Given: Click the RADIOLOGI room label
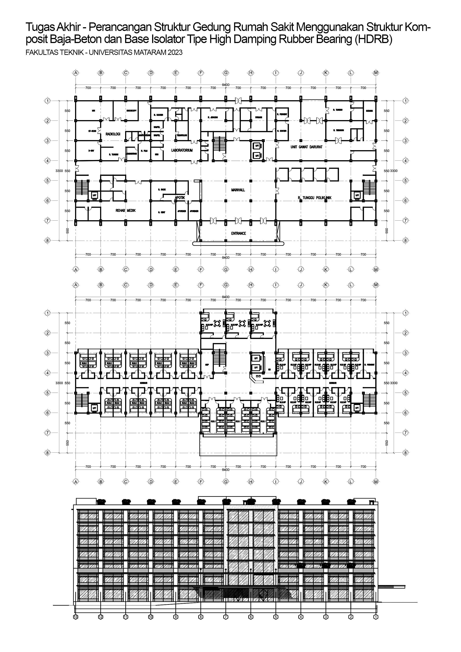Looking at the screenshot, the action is (x=113, y=134).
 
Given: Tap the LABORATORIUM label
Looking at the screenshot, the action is (x=182, y=150).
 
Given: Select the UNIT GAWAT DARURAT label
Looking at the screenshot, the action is (x=306, y=147).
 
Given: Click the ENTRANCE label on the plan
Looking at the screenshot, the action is (x=238, y=233).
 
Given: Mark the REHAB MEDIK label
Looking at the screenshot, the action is (x=126, y=211).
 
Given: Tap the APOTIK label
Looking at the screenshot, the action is (x=180, y=197).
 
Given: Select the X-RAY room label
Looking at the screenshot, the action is (x=91, y=151).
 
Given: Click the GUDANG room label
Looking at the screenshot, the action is (x=369, y=111).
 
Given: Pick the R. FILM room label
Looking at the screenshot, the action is (x=144, y=151).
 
